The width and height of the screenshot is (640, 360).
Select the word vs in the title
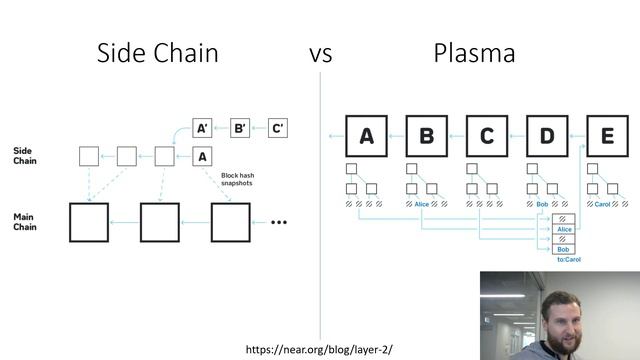(320, 54)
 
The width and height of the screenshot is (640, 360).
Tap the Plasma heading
(474, 53)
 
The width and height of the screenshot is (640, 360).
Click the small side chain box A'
(203, 128)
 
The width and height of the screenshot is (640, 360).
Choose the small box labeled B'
(240, 128)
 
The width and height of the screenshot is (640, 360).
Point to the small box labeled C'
(278, 128)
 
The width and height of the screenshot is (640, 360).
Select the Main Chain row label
(24, 221)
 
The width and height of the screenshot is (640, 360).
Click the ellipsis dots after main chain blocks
(278, 222)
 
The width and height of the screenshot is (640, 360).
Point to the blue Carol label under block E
(602, 204)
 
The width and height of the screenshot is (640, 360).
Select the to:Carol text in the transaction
(568, 259)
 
